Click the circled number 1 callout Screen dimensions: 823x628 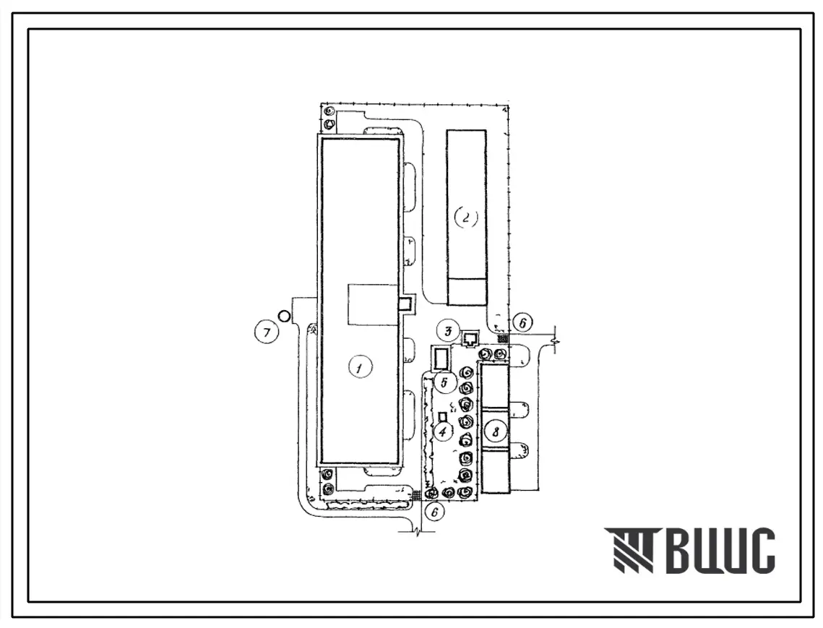point(360,368)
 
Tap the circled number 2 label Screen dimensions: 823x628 point(465,218)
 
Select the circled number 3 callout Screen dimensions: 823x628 point(448,332)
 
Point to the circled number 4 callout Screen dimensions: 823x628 point(442,431)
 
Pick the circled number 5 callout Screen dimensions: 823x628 point(444,382)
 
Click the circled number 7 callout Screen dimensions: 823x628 point(267,332)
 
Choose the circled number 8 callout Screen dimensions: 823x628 point(495,432)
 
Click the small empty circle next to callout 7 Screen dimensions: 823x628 point(284,317)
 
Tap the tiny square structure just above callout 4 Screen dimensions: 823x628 point(442,416)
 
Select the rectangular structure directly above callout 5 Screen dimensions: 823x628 point(441,359)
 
